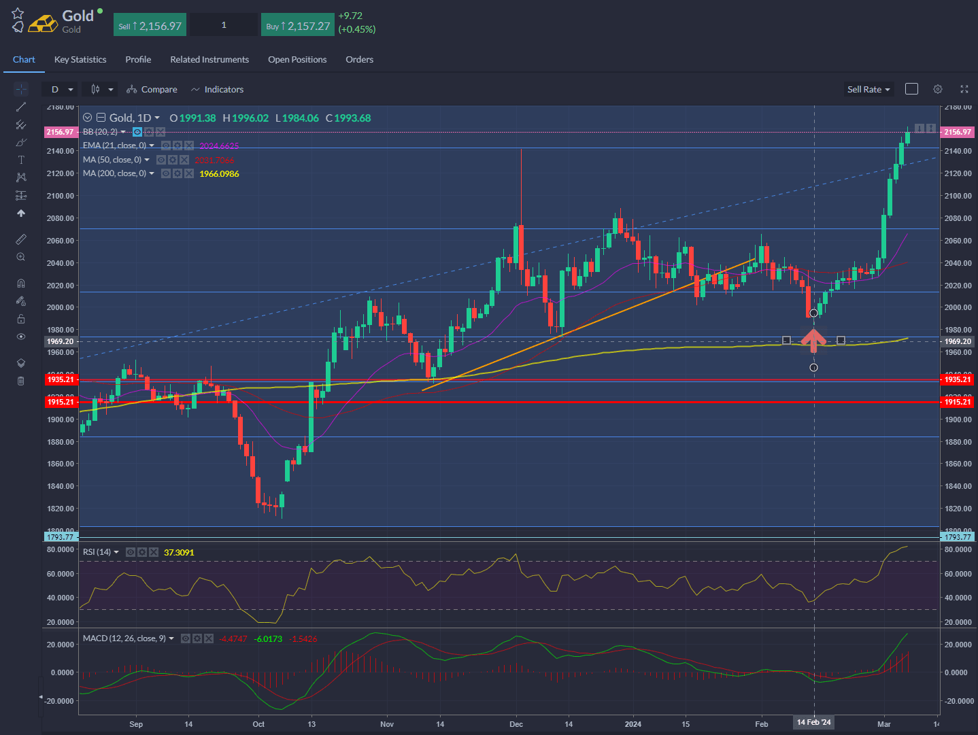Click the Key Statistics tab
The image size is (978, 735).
pyautogui.click(x=80, y=60)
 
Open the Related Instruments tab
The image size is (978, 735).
pyautogui.click(x=209, y=60)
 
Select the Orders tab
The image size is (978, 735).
pyautogui.click(x=359, y=60)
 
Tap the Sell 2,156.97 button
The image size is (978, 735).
pyautogui.click(x=150, y=26)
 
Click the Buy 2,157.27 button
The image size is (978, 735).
pyautogui.click(x=298, y=26)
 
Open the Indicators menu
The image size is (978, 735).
pyautogui.click(x=218, y=90)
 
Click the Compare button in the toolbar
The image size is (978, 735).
pyautogui.click(x=152, y=90)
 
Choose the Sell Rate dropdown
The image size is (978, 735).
pyautogui.click(x=868, y=90)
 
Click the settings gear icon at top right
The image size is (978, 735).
pyautogui.click(x=938, y=89)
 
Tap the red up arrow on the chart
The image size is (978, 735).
pyautogui.click(x=813, y=340)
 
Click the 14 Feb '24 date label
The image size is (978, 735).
pyautogui.click(x=814, y=723)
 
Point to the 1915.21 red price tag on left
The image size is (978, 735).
pyautogui.click(x=61, y=403)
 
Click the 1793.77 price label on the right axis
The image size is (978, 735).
pyautogui.click(x=957, y=537)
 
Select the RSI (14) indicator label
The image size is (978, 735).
pyautogui.click(x=97, y=552)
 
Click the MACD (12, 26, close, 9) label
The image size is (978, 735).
pyautogui.click(x=124, y=638)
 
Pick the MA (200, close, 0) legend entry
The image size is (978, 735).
pyautogui.click(x=115, y=173)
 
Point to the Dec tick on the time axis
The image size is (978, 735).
pyautogui.click(x=516, y=724)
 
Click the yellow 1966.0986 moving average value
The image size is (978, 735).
pyautogui.click(x=219, y=174)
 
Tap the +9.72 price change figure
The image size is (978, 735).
pyautogui.click(x=350, y=16)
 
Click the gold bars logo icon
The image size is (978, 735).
pyautogui.click(x=43, y=23)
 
